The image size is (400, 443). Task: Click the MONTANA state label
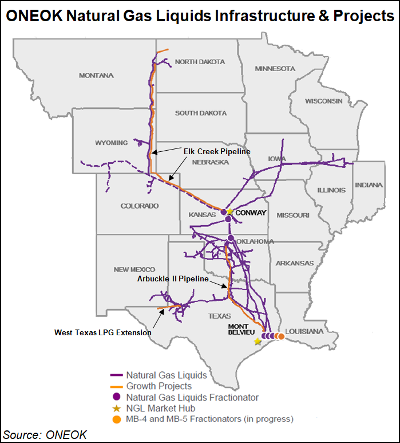(96, 75)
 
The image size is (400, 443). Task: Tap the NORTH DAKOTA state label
(200, 62)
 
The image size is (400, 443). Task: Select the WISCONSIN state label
(324, 101)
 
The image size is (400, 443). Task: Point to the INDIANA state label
(369, 185)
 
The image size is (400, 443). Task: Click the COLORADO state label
(139, 206)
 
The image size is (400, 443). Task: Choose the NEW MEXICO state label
(134, 269)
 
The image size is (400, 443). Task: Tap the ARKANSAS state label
(294, 263)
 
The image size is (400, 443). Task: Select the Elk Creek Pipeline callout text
(217, 151)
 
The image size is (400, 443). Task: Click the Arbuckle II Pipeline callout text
(173, 279)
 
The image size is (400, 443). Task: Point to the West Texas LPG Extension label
(103, 332)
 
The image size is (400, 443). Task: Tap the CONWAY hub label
(251, 213)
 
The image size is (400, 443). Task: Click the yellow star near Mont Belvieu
(258, 341)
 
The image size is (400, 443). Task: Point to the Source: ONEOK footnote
(45, 434)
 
